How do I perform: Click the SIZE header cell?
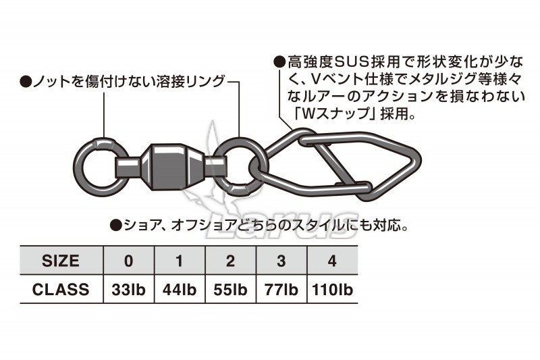pyautogui.click(x=61, y=261)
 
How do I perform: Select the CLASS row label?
pyautogui.click(x=61, y=289)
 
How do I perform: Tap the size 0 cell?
pyautogui.click(x=129, y=261)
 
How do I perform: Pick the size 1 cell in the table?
pyautogui.click(x=180, y=261)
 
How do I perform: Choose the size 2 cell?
pyautogui.click(x=230, y=261)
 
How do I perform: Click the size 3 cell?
pyautogui.click(x=281, y=261)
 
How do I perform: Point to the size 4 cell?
pyautogui.click(x=332, y=261)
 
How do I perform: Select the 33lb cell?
pyautogui.click(x=129, y=290)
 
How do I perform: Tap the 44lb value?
pyautogui.click(x=180, y=290)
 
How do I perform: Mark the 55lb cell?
pyautogui.click(x=230, y=290)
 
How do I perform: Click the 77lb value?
pyautogui.click(x=281, y=290)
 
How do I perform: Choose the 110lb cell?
pyautogui.click(x=332, y=290)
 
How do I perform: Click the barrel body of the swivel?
pyautogui.click(x=173, y=167)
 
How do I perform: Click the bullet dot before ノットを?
pyautogui.click(x=26, y=82)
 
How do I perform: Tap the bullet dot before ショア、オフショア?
pyautogui.click(x=115, y=226)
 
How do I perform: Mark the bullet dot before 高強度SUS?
pyautogui.click(x=279, y=62)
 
